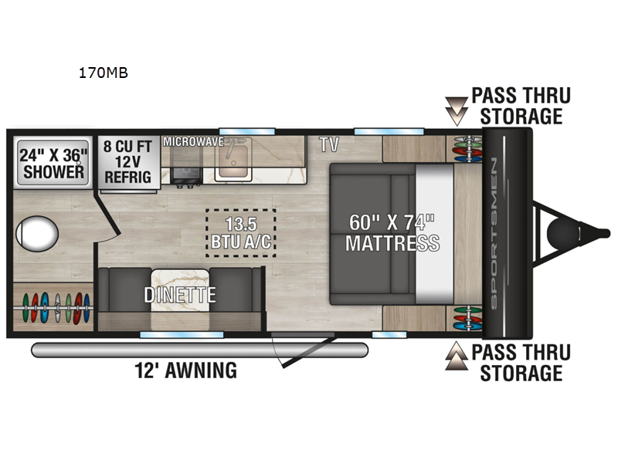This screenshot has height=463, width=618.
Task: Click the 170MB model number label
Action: click(x=104, y=73)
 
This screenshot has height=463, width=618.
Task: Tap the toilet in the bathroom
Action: click(x=37, y=234)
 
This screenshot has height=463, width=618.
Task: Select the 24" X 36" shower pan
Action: click(x=53, y=163)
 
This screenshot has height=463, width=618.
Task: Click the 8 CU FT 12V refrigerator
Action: click(x=128, y=163)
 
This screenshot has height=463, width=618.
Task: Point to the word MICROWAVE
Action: click(x=194, y=142)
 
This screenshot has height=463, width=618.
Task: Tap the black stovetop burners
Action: click(x=186, y=176)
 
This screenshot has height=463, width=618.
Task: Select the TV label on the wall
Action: click(x=329, y=144)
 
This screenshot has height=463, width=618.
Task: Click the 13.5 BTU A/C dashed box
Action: click(x=241, y=233)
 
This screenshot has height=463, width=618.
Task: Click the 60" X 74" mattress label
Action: click(x=392, y=233)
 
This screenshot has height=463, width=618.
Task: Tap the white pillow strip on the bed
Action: click(x=434, y=234)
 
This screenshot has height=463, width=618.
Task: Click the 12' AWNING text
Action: click(x=185, y=370)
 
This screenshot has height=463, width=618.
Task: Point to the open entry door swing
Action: click(x=304, y=350)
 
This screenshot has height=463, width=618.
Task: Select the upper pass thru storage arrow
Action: click(x=457, y=111)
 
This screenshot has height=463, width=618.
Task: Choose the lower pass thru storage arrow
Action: click(x=457, y=356)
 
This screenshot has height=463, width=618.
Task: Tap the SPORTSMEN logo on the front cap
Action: click(x=494, y=233)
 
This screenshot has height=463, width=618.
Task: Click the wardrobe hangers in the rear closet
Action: click(x=54, y=308)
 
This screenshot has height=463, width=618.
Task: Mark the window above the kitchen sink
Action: click(x=247, y=131)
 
